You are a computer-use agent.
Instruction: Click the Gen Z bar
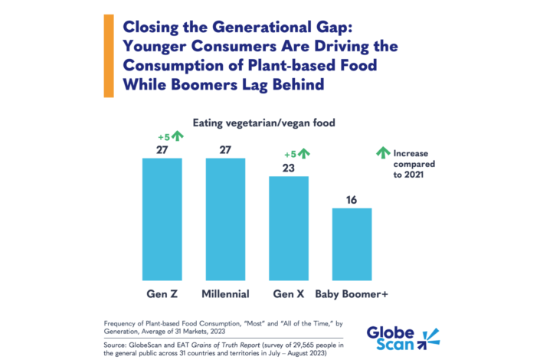click(162, 218)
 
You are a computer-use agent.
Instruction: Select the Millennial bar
click(225, 218)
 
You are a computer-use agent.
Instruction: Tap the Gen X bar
click(288, 227)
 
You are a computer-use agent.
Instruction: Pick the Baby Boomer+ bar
click(352, 244)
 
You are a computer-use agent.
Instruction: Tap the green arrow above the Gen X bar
click(303, 153)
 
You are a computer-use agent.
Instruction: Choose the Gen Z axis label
click(162, 293)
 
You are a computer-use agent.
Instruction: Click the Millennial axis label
click(225, 293)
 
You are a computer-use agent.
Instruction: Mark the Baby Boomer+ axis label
click(352, 293)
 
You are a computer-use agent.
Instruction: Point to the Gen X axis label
click(288, 293)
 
